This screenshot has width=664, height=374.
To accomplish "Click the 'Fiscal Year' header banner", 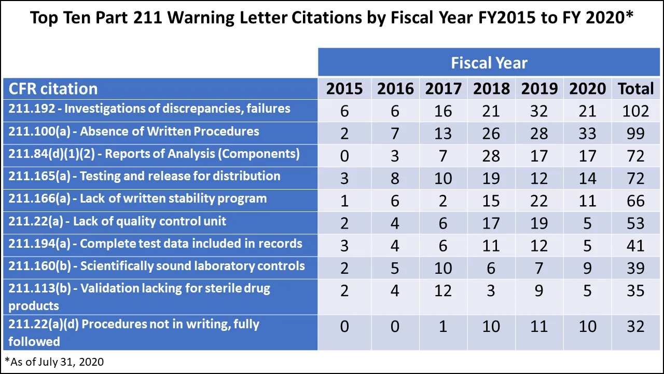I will [x=489, y=63].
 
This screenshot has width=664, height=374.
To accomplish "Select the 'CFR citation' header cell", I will [x=53, y=89].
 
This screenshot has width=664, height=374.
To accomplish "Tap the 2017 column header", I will [x=443, y=89].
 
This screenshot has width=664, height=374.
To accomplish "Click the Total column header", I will [x=635, y=89].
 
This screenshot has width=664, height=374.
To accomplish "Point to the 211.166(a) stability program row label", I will [x=137, y=198].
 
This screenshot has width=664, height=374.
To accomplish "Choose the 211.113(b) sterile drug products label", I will [x=139, y=296].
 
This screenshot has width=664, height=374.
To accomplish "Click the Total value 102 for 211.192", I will [x=635, y=111].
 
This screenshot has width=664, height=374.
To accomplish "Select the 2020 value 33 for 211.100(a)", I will [x=587, y=133].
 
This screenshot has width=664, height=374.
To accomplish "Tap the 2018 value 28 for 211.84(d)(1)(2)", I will [x=491, y=156].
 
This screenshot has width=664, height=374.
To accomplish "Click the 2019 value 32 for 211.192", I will [x=539, y=111].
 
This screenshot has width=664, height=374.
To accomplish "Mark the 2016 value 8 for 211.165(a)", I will [x=395, y=178].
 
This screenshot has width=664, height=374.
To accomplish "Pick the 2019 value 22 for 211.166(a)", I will [x=539, y=201].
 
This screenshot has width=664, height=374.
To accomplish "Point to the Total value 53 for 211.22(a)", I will [x=635, y=223].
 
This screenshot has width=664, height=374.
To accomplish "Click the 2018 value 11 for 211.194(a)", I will [x=491, y=245].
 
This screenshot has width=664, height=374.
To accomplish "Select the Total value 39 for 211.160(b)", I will [x=635, y=268].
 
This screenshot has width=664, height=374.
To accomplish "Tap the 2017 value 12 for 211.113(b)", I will [x=443, y=290].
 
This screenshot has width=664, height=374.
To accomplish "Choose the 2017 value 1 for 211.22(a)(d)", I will [x=443, y=326].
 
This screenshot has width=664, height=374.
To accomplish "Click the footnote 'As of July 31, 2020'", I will [x=54, y=362].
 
